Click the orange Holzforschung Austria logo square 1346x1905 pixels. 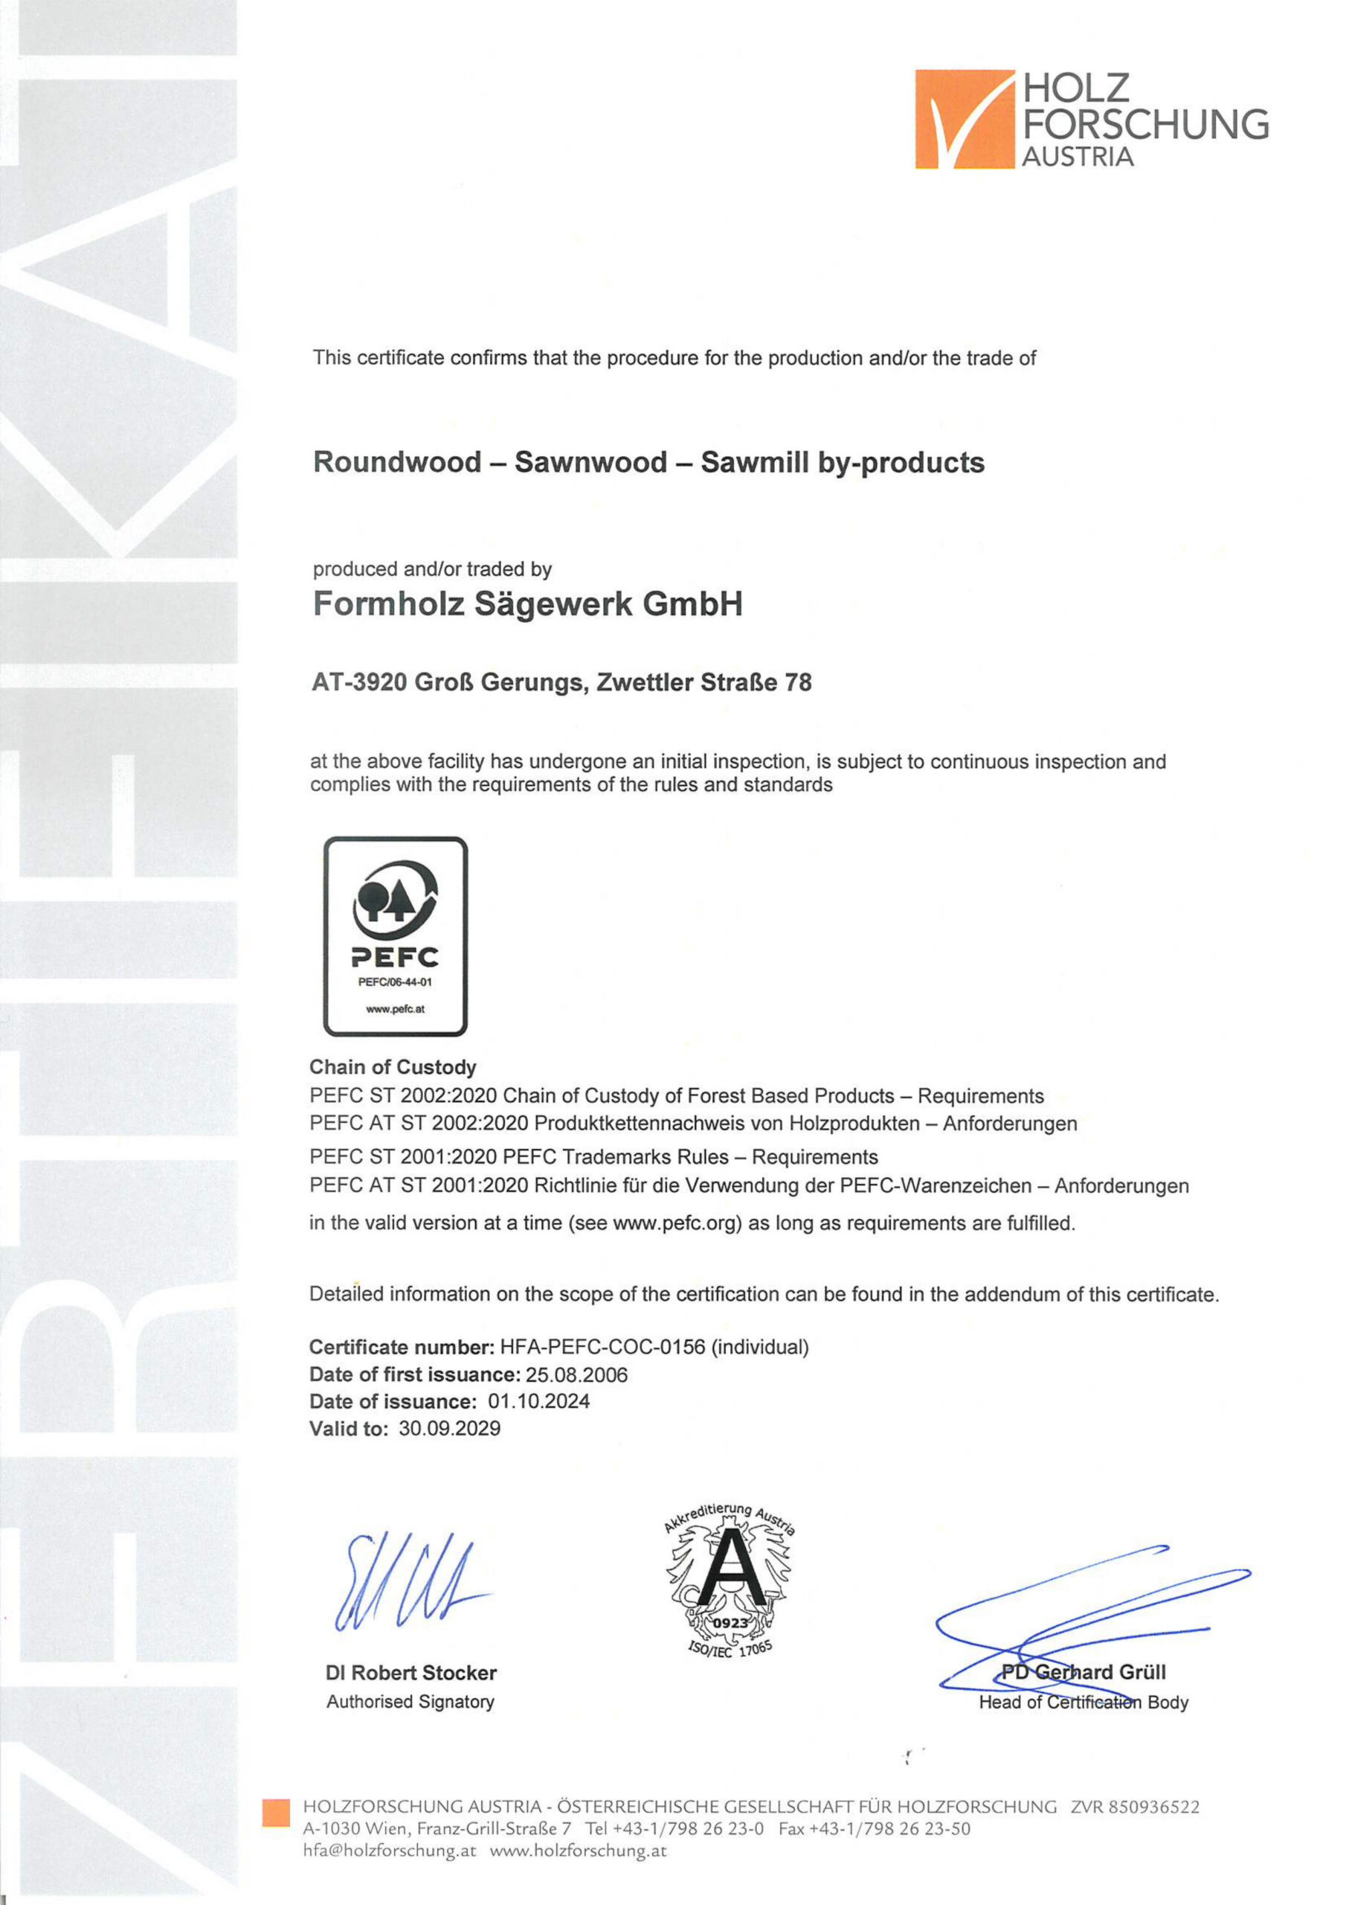pos(965,118)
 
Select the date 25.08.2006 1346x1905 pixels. pos(576,1375)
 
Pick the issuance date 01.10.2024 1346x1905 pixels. pos(539,1401)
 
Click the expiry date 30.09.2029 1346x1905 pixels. pos(449,1428)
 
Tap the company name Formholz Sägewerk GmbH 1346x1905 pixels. pos(527,604)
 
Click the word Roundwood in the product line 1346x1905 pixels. pos(397,462)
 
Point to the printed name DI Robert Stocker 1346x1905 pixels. pos(411,1673)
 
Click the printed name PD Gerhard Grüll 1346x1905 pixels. pos(1083,1672)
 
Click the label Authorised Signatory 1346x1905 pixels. pos(410,1702)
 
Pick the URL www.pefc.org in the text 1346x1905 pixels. pos(676,1223)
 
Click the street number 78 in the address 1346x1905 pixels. pos(798,683)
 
